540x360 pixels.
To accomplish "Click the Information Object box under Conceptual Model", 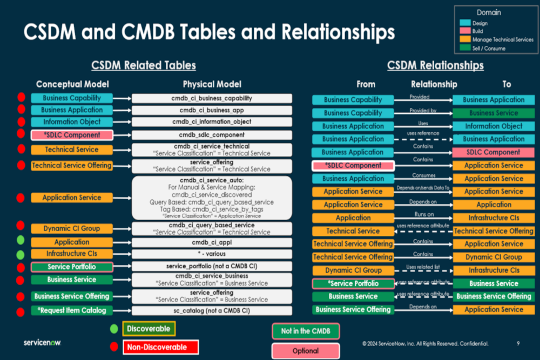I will pos(72,122).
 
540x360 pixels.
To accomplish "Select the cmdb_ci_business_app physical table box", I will pos(212,110).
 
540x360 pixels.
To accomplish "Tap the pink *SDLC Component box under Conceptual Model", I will pos(72,135).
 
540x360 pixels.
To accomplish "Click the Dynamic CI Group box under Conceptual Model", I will pos(72,228).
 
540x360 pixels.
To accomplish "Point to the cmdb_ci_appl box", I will pos(212,242).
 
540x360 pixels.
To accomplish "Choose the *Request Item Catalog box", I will pos(72,310).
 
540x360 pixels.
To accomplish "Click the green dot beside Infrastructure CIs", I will pos(21,254).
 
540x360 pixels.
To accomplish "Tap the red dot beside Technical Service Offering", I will pos(21,165).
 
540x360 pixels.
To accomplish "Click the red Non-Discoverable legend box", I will pos(160,347).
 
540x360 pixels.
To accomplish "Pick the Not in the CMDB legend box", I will pos(306,331).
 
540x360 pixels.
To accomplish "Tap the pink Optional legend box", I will pos(306,351).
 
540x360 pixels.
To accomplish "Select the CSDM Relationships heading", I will pos(435,66).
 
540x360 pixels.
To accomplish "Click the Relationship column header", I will pos(434,84).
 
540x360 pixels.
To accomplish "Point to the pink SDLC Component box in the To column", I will pos(494,152).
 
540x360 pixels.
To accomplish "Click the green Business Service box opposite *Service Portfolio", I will pos(494,283).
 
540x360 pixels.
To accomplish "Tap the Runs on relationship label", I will pos(424,214).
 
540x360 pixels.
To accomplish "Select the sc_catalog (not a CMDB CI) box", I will pos(212,310).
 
